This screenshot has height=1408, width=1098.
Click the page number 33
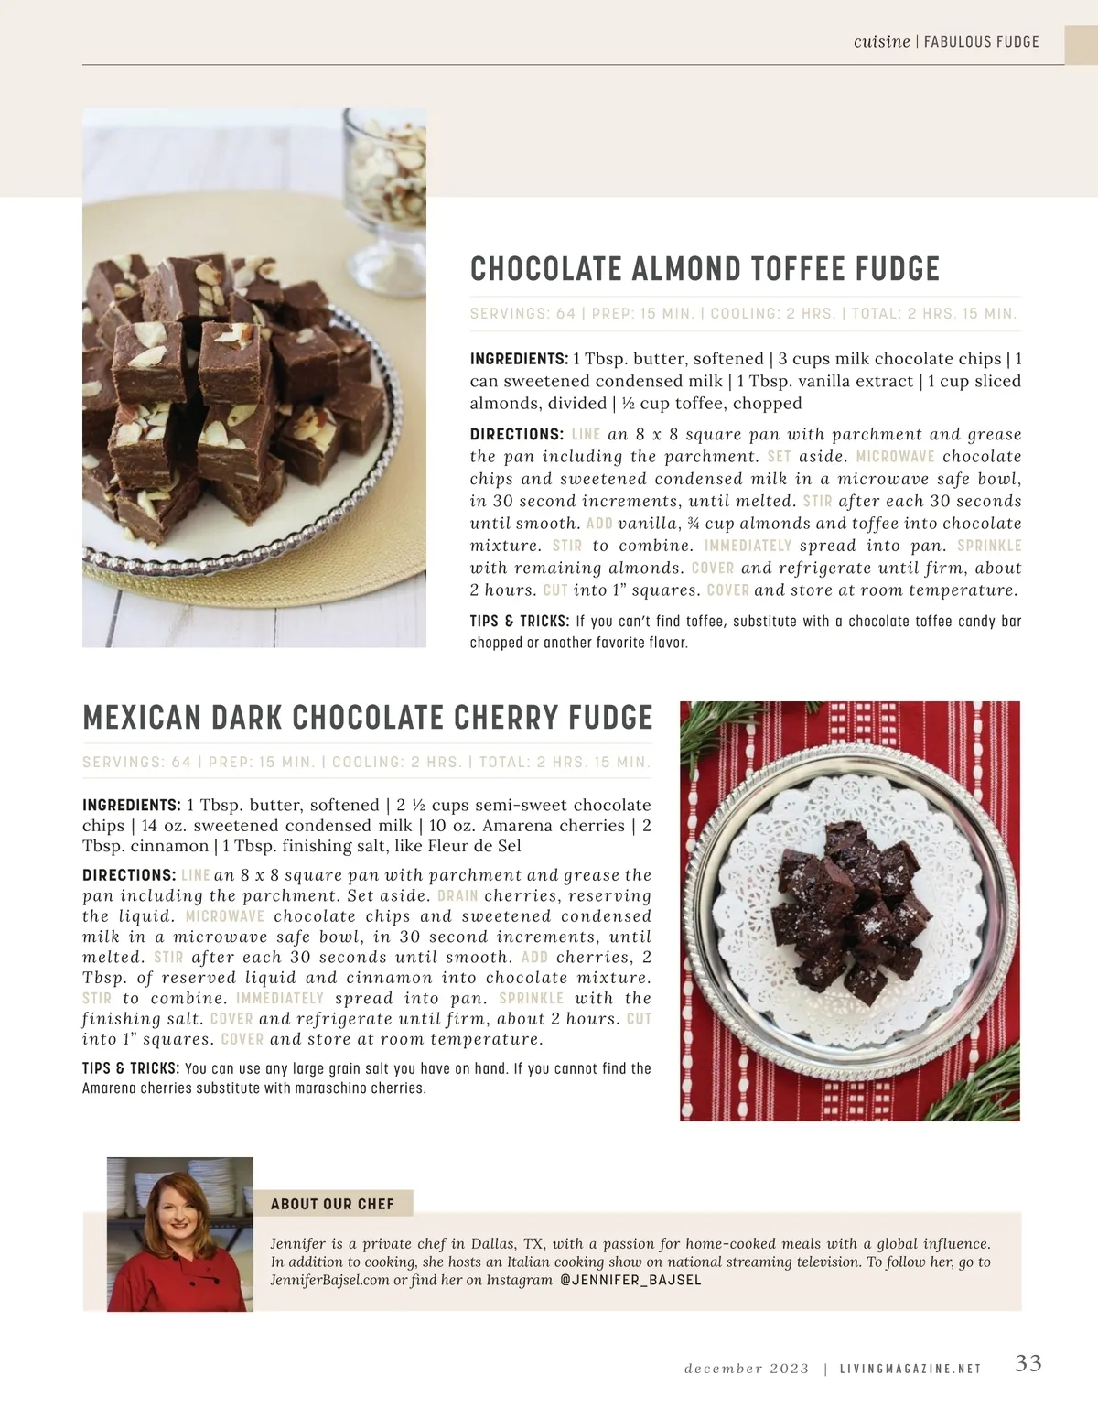(1028, 1363)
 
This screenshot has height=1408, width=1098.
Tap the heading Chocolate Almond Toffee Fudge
(705, 269)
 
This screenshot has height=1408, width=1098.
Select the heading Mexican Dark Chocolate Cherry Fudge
(368, 718)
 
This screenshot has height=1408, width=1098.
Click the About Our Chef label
(332, 1204)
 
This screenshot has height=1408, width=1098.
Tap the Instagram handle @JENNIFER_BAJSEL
(630, 1280)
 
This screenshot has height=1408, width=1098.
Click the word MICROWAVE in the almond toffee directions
(895, 457)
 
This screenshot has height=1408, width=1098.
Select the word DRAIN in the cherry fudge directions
(457, 896)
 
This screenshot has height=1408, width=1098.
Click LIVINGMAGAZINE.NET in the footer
(910, 1369)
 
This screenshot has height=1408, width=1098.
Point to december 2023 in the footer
(747, 1369)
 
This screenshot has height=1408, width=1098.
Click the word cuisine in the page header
(881, 41)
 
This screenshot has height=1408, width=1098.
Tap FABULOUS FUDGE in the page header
(982, 41)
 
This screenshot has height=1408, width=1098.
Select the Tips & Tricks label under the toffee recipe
(520, 622)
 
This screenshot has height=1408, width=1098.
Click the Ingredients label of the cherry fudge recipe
(131, 806)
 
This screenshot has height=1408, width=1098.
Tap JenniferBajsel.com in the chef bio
(330, 1280)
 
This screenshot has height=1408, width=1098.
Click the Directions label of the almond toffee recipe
(516, 435)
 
